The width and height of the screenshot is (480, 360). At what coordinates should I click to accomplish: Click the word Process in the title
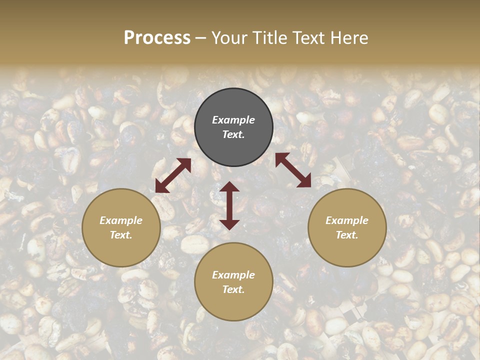tap(157, 38)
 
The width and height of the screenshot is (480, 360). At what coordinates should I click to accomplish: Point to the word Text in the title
tap(309, 38)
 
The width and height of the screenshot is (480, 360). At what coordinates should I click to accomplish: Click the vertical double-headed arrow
tap(229, 205)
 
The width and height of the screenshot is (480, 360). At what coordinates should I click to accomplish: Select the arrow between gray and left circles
tap(173, 175)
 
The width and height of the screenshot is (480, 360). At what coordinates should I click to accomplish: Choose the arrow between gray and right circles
tap(293, 170)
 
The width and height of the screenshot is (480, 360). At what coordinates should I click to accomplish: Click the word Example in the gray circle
tap(233, 120)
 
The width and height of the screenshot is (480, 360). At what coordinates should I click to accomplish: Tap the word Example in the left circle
tap(121, 220)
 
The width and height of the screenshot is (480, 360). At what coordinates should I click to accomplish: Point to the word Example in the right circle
tap(347, 220)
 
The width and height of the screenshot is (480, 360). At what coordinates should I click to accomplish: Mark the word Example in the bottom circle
tap(233, 275)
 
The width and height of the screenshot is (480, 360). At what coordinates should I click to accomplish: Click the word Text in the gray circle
tap(233, 135)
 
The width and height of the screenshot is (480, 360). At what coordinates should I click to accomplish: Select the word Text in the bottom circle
tap(233, 290)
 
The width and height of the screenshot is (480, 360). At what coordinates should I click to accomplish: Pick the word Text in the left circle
tap(121, 235)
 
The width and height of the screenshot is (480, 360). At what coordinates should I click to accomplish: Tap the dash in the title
tap(201, 38)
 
